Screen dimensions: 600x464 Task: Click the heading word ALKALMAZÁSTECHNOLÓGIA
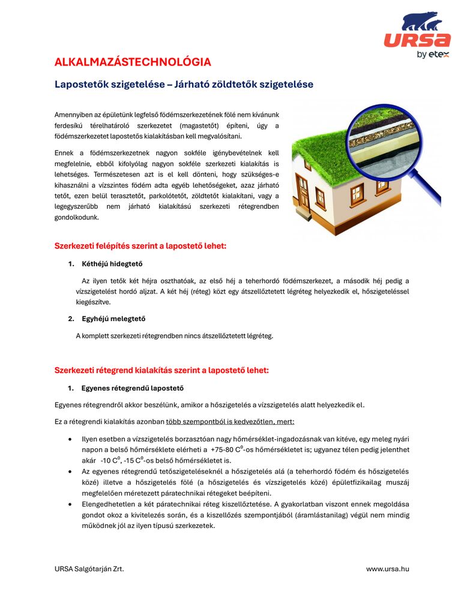coord(133,62)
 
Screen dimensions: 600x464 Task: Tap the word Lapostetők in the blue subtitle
coord(80,85)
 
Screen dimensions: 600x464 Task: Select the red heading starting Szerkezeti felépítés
coord(140,246)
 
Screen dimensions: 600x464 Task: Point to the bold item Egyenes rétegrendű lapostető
coord(132,388)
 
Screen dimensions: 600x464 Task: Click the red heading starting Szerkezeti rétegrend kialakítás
coord(161,370)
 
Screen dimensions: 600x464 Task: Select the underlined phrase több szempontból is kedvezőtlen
coord(230,422)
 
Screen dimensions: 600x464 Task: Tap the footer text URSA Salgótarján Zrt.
coord(89,569)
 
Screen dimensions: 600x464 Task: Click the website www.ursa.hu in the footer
coord(388,569)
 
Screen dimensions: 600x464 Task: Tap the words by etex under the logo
coord(433,55)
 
